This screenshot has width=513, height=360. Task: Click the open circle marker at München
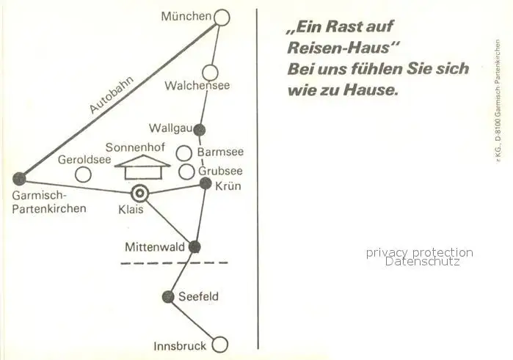(222, 17)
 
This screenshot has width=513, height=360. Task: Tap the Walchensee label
(197, 86)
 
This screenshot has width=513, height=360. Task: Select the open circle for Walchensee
(210, 72)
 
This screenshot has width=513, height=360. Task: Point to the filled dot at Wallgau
(199, 130)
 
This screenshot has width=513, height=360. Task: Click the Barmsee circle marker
(185, 153)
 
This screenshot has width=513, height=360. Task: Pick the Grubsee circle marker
(187, 172)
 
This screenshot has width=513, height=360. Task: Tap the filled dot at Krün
(205, 183)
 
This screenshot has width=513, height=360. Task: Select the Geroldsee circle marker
(84, 175)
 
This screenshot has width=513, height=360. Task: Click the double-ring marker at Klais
(139, 194)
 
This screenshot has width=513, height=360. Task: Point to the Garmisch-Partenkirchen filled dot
(20, 178)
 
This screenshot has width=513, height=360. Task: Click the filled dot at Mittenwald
(194, 247)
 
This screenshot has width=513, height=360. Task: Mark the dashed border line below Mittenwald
(175, 262)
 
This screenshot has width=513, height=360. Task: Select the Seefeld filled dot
(168, 297)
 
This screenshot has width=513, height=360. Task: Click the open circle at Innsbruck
(219, 345)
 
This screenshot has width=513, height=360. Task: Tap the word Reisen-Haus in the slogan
(340, 48)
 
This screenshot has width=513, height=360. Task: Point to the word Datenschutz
(422, 261)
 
